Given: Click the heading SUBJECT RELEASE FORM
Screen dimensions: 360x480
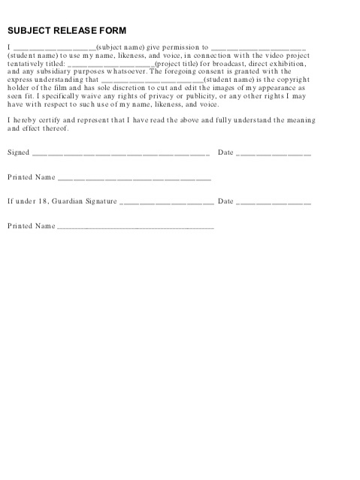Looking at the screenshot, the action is point(67,31).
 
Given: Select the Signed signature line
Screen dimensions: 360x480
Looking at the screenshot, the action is point(120,154).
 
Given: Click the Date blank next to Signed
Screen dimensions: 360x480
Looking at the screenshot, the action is point(274,154).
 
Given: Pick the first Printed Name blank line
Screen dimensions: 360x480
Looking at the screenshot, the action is point(135,179).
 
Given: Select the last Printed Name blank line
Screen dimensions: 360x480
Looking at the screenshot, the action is point(135,227).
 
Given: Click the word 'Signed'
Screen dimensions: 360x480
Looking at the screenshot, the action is point(18,152).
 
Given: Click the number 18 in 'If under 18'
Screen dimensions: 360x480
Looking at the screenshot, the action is point(44,201).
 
